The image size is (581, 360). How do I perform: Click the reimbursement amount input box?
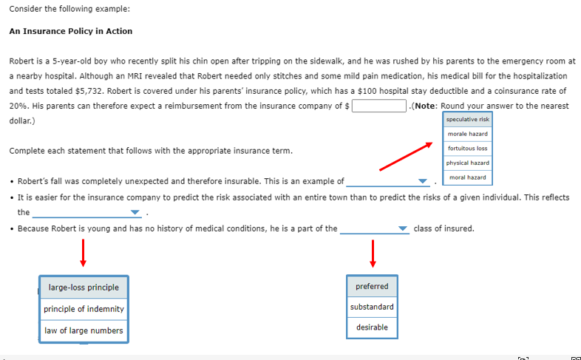click(379, 106)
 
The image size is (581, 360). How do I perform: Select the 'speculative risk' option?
click(468, 119)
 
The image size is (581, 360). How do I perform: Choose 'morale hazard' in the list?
click(468, 134)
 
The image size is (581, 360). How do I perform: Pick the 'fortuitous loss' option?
click(468, 149)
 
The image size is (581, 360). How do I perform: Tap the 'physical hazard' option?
click(468, 163)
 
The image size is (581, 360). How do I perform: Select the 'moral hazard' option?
click(468, 177)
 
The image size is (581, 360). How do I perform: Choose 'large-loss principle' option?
click(84, 287)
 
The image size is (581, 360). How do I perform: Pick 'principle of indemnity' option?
click(84, 308)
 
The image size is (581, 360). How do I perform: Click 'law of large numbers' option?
click(84, 330)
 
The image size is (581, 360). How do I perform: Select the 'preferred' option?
click(372, 286)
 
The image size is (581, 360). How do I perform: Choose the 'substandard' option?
click(372, 307)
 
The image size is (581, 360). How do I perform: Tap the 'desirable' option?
click(372, 327)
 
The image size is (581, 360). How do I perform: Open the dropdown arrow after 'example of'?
click(423, 181)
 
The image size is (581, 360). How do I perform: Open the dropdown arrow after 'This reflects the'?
click(135, 213)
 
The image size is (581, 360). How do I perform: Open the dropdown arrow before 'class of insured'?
click(403, 229)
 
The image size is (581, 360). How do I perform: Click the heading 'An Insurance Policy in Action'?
click(71, 31)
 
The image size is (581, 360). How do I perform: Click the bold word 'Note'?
click(428, 106)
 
